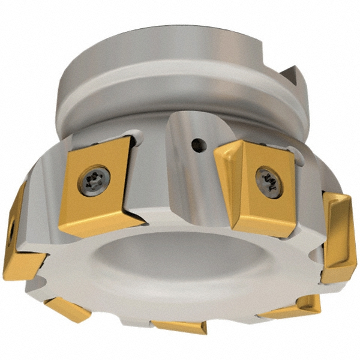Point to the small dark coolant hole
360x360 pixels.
(196, 144)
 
